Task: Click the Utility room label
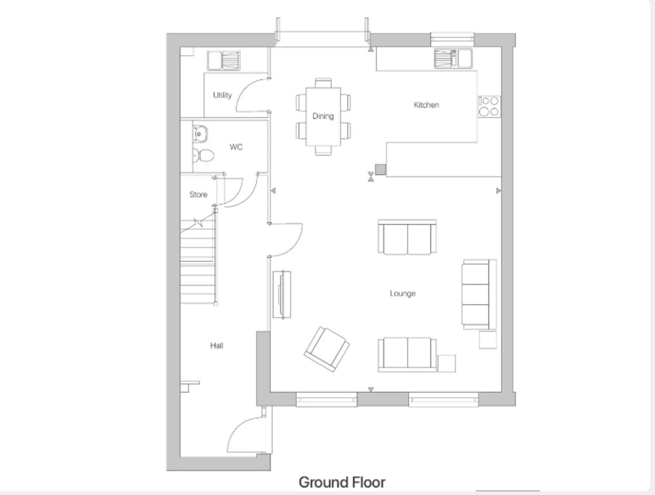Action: point(222,95)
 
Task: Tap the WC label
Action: point(236,147)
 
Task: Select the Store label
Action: point(198,195)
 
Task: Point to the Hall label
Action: point(217,346)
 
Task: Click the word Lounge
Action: point(403,293)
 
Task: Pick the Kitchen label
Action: point(426,105)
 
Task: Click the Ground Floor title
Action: point(342,482)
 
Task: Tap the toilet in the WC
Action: point(203,156)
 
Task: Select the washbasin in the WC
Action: point(200,134)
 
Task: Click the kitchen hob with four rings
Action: point(489,106)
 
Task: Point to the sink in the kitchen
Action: point(453,59)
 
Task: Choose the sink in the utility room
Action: point(224,60)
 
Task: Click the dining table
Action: point(323,117)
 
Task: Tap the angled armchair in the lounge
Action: point(327,350)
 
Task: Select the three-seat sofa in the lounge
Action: point(479,294)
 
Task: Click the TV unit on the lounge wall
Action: point(282,295)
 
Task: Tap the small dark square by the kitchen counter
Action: point(380,170)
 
